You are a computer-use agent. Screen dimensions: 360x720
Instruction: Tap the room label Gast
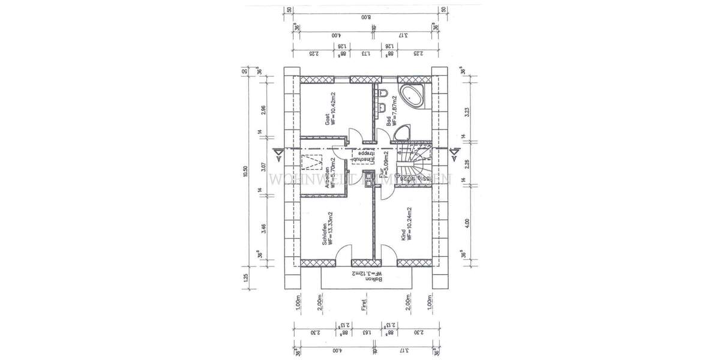coord(328,119)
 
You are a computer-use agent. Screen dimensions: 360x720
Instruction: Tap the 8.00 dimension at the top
coord(367,19)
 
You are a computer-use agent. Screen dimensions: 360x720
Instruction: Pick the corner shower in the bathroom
coord(404,134)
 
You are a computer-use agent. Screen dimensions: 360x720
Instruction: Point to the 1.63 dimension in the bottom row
coord(367,332)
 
